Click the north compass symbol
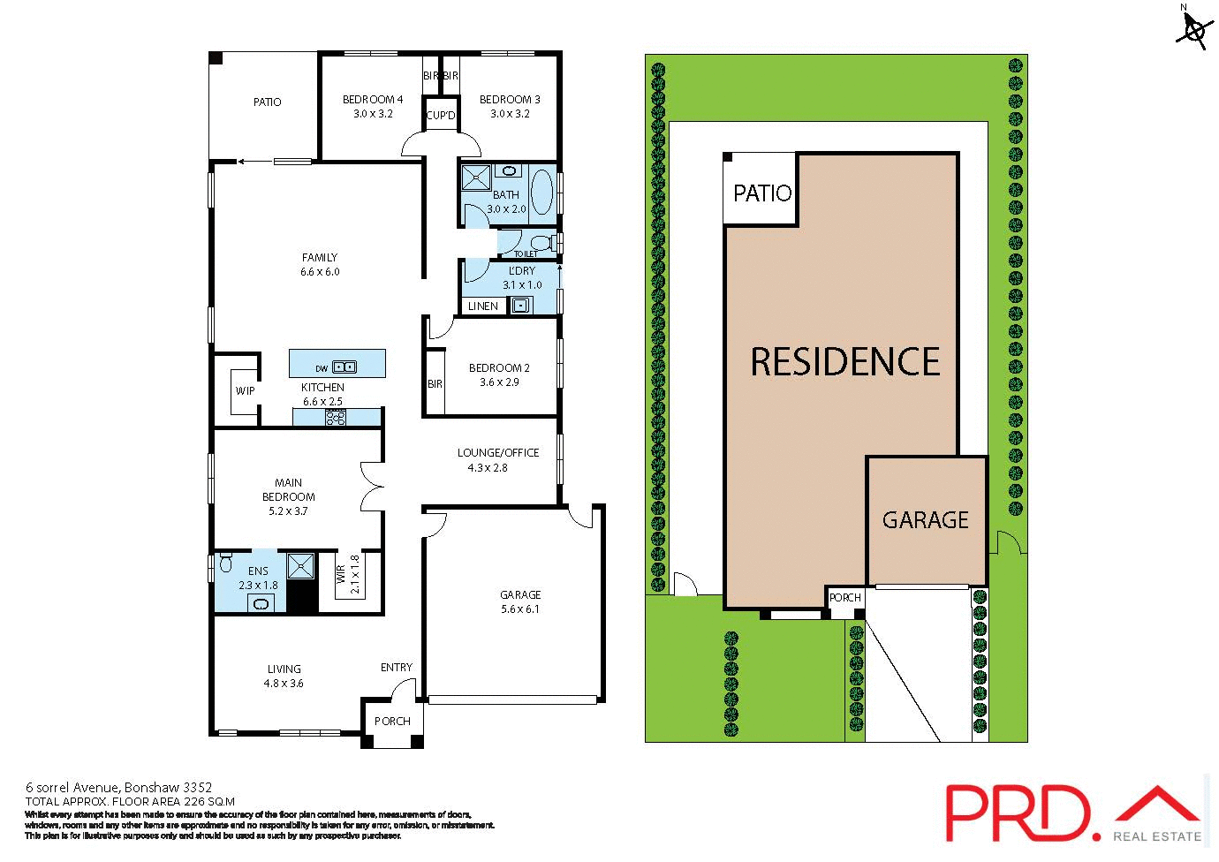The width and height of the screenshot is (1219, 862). point(1193,29)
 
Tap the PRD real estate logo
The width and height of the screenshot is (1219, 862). point(1073,813)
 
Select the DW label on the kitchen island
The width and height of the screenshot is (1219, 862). point(321,367)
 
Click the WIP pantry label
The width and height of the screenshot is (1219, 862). point(245,390)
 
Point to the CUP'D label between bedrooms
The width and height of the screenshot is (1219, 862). point(441,116)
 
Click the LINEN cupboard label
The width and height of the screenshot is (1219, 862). point(483,306)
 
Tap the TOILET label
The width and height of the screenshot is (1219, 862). point(526,253)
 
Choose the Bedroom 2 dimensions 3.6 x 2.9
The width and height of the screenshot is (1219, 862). point(499,382)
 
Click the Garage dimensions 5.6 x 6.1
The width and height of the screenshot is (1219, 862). point(520,609)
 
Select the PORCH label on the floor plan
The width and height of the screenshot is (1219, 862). point(392,721)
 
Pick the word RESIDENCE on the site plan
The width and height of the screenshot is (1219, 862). point(845,362)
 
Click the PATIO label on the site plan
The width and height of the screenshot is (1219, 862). point(762,193)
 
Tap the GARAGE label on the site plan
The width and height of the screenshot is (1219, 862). point(925,519)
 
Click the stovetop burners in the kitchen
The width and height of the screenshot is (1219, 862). point(337,419)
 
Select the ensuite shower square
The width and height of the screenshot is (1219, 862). point(301,565)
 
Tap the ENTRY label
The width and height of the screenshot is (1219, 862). point(397,668)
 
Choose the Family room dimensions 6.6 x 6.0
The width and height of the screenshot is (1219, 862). point(320,272)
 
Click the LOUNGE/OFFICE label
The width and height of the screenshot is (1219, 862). point(498,452)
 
